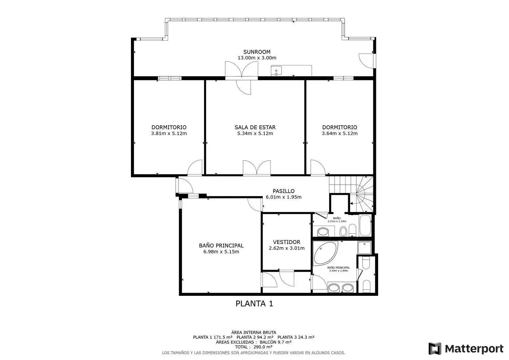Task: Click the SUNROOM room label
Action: [x=257, y=52]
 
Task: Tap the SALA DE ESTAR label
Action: [x=255, y=127]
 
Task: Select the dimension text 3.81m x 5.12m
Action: [x=169, y=133]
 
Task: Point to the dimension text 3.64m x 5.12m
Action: [x=339, y=133]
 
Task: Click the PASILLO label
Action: [x=283, y=191]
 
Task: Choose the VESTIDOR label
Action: [x=286, y=242]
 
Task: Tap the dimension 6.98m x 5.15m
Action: [x=221, y=251]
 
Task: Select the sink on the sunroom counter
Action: [x=276, y=71]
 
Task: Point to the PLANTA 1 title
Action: [x=254, y=304]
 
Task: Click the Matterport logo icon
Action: [x=435, y=349]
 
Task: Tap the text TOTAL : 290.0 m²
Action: [x=253, y=347]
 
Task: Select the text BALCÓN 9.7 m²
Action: [x=276, y=342]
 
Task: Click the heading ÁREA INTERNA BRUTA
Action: [x=253, y=333]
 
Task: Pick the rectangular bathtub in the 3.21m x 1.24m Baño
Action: [x=365, y=225]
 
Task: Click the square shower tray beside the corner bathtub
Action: [x=364, y=248]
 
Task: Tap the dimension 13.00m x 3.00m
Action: [x=257, y=58]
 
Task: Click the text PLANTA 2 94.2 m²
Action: [x=255, y=337]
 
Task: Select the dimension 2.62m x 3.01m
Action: [x=286, y=248]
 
